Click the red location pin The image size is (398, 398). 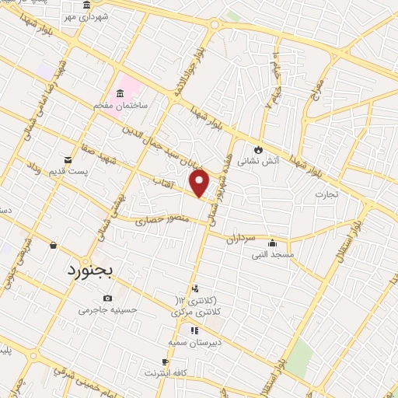(x=200, y=183)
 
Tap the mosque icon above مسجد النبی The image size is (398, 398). (x=271, y=243)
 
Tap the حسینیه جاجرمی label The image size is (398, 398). (x=107, y=310)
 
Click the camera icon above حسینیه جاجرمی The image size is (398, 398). (x=107, y=298)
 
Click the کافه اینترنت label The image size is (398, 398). (x=165, y=374)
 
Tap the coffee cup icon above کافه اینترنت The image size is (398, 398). (x=165, y=361)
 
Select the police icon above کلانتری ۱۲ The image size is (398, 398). (x=194, y=288)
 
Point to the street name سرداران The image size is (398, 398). (x=241, y=237)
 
